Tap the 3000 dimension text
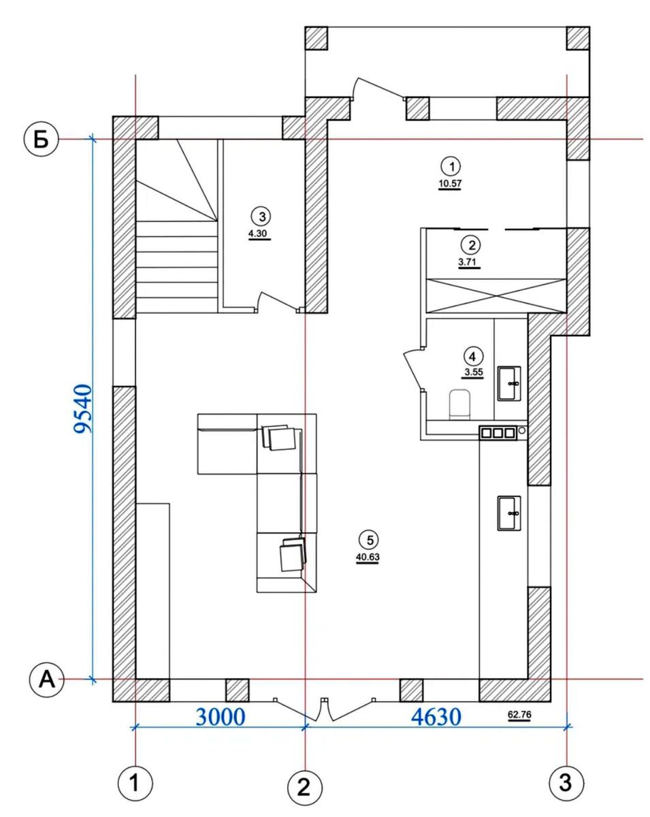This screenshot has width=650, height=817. (221, 717)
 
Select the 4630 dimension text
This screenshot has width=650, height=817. (436, 717)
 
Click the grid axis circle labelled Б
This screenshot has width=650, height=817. (42, 140)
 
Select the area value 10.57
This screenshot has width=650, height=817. (450, 184)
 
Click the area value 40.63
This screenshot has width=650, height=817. (368, 557)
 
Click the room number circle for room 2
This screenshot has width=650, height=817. (471, 245)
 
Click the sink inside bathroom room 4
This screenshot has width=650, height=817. (509, 383)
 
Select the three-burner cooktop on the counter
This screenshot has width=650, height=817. (498, 433)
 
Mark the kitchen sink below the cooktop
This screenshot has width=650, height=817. (509, 513)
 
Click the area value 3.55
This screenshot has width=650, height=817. (474, 372)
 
